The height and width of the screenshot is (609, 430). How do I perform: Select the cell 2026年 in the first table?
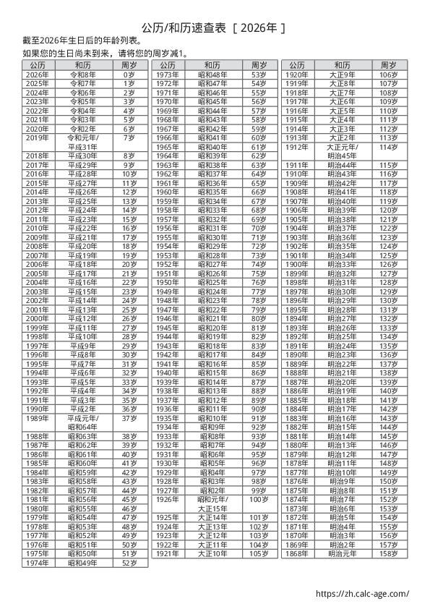click(x=37, y=74)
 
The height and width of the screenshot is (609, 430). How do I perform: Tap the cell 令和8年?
click(x=82, y=74)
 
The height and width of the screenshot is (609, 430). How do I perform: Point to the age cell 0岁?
click(x=129, y=74)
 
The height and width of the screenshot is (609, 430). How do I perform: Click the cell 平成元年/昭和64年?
click(x=82, y=422)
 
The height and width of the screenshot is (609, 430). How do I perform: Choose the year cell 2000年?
click(x=37, y=318)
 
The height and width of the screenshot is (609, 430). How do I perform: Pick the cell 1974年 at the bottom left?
click(x=37, y=562)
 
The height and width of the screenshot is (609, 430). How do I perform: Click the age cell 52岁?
click(x=129, y=562)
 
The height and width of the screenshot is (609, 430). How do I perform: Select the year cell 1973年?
click(x=167, y=74)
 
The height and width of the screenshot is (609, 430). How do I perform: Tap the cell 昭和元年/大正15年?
click(x=212, y=504)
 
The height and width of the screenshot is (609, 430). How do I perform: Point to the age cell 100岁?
click(x=259, y=500)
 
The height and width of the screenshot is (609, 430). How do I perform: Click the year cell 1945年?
click(x=167, y=328)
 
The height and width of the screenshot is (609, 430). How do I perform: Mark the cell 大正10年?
click(x=212, y=553)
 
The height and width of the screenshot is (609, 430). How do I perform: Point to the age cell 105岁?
click(x=259, y=553)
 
